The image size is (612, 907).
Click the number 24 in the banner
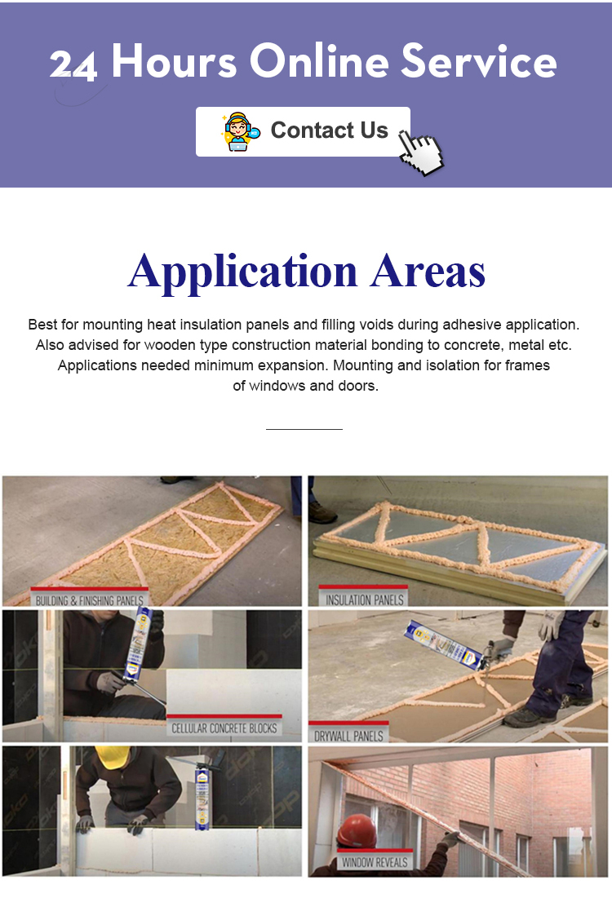[x=73, y=65]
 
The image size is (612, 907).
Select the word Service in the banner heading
[x=479, y=62]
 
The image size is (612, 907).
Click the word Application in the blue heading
[x=242, y=273]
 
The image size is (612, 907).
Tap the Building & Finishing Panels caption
[x=90, y=600]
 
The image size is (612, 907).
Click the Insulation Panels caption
[x=364, y=600]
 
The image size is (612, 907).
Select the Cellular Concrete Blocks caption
[x=224, y=728]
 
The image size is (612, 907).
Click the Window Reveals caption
[x=375, y=861]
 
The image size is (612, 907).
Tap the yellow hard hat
[x=111, y=756]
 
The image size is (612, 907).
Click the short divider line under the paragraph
[x=304, y=429]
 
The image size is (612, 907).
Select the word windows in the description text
[x=277, y=386]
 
